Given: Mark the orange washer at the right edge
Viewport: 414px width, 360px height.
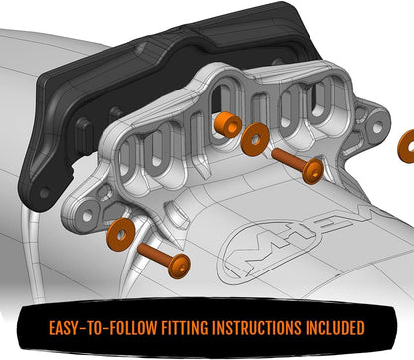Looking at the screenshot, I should pos(406,145).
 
